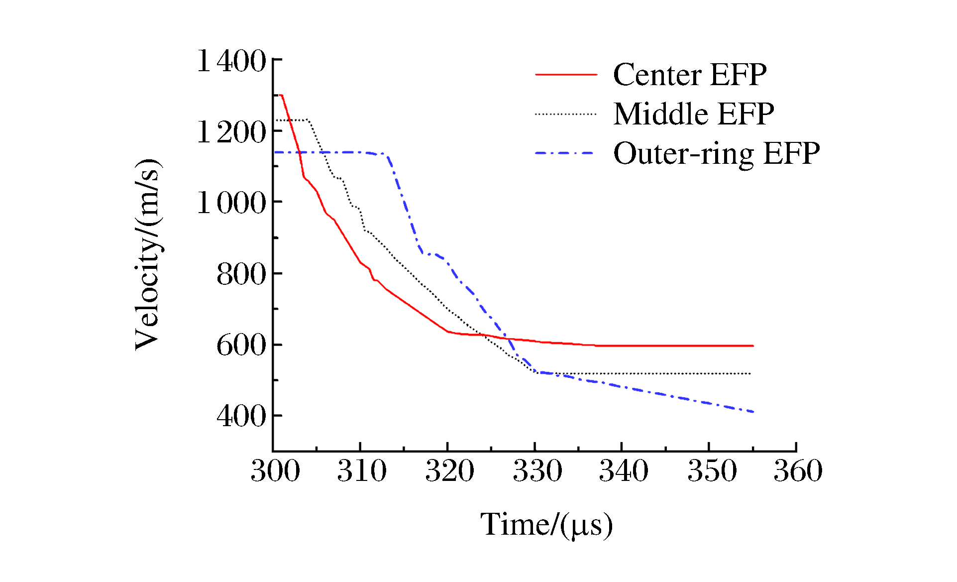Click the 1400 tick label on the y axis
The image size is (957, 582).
(231, 61)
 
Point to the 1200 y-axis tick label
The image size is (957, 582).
(231, 132)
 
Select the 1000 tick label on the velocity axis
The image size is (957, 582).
(231, 203)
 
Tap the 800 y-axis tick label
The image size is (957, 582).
(241, 274)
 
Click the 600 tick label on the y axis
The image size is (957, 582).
(241, 345)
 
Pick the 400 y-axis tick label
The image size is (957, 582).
(241, 416)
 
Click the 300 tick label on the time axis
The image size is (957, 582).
(275, 470)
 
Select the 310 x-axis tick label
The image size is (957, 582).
(362, 470)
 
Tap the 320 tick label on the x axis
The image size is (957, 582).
(449, 470)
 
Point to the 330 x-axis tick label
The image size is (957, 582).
(537, 470)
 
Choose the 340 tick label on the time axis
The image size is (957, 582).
(624, 470)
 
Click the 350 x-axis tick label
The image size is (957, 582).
(712, 470)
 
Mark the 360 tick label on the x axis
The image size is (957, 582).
(798, 470)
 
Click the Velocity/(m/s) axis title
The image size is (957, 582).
(148, 254)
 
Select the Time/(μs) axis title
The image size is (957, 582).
(546, 525)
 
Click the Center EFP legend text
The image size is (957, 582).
(690, 75)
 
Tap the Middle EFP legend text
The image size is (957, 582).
(694, 114)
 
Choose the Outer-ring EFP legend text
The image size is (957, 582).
(716, 153)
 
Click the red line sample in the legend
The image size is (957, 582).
(566, 75)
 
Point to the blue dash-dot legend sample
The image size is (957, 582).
(566, 153)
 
